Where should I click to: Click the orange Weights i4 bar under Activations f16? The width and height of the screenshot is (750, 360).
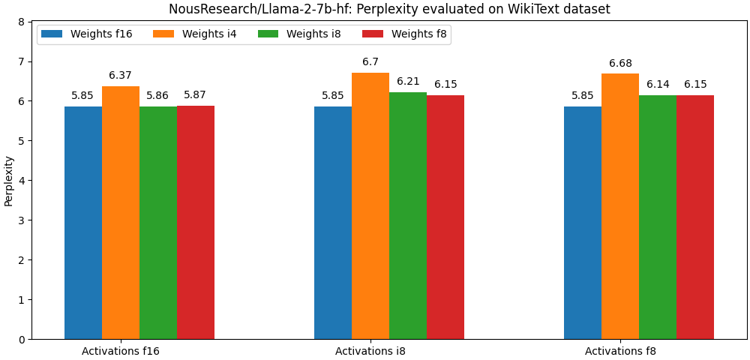point(121,213)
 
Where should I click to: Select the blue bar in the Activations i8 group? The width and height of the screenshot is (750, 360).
point(333,223)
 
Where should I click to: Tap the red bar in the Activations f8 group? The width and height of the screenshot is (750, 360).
point(695,217)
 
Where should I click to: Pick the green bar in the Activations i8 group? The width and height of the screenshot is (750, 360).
point(408,216)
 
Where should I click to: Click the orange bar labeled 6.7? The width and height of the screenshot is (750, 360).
point(370,206)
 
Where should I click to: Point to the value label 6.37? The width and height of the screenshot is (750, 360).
point(120,76)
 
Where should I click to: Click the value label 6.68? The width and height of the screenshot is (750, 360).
point(620,64)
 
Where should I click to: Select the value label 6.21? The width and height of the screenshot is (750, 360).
point(408,82)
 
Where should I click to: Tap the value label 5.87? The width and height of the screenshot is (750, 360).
point(195,95)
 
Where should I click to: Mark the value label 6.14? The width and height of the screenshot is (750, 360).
point(658,85)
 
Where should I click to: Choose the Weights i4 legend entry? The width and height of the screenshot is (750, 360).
point(195,34)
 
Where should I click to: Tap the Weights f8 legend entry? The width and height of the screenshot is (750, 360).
point(404,34)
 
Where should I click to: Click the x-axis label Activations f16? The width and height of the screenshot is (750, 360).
point(121,351)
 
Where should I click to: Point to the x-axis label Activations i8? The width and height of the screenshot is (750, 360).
point(370,351)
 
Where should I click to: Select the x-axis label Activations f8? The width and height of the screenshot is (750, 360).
point(620,351)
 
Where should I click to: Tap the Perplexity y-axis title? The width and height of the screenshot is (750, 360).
point(9,181)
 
